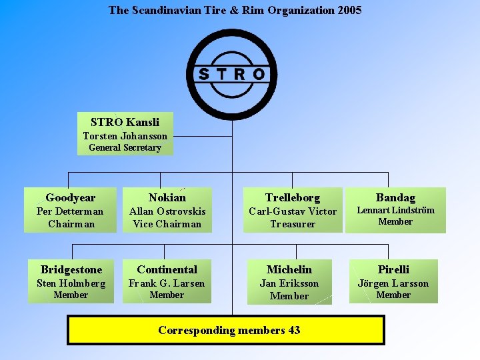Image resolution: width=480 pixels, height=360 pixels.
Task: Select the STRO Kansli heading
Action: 125,122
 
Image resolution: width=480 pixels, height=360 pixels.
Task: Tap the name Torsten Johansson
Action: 125,136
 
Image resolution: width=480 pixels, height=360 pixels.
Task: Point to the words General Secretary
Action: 125,147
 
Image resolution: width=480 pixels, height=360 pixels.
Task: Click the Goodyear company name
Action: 71,197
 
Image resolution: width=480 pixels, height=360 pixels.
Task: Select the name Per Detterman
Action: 71,211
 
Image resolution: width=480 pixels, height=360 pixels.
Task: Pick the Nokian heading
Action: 167,197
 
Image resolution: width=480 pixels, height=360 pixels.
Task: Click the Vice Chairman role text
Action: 167,224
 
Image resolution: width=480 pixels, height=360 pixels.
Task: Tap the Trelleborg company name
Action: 293,197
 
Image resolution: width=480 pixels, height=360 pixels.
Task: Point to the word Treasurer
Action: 293,224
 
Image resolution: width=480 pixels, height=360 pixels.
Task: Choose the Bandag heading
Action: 395,197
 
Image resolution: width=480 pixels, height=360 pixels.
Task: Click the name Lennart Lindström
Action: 395,210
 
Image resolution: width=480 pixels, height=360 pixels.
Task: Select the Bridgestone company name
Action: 71,269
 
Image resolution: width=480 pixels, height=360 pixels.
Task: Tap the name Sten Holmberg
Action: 71,283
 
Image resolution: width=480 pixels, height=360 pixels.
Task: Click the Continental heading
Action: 167,269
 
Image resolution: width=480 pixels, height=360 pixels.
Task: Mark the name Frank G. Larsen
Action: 167,283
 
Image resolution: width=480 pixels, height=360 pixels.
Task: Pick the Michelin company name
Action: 289,269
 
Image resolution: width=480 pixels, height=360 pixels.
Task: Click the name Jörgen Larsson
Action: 393,283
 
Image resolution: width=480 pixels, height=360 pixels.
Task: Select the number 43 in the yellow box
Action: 294,330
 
